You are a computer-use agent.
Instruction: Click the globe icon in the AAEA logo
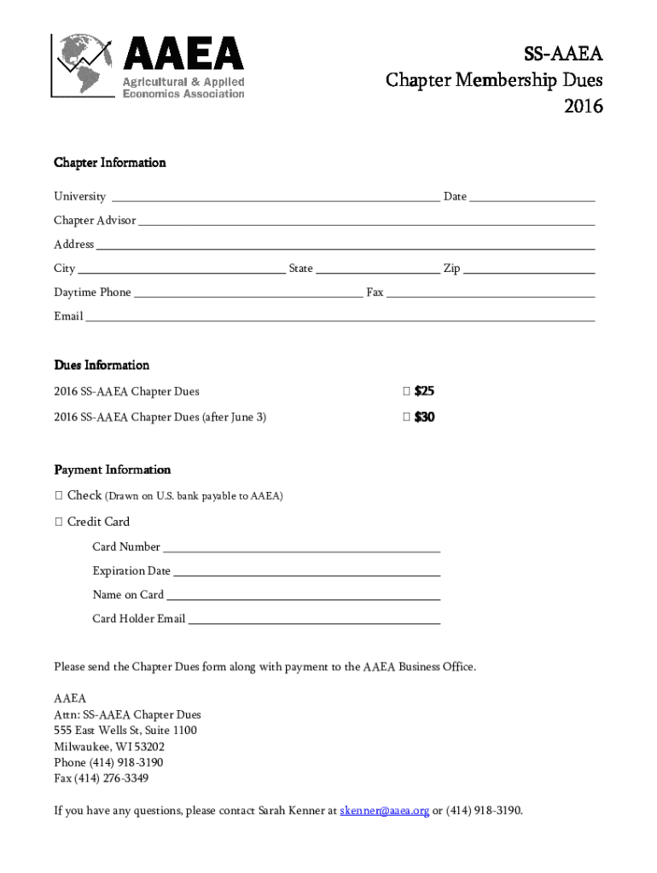(83, 65)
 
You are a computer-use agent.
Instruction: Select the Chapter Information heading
(110, 162)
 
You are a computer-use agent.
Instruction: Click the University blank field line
(274, 198)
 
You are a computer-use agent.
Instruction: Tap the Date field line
(532, 198)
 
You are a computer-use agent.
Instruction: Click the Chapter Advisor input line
(366, 222)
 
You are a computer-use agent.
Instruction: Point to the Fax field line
(491, 294)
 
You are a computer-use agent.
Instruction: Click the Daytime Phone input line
(248, 294)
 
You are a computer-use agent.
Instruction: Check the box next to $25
(406, 392)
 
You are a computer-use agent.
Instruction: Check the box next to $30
(406, 418)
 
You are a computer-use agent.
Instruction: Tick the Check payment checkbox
(58, 495)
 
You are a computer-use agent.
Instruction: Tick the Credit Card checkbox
(58, 522)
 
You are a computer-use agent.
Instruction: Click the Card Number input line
(301, 549)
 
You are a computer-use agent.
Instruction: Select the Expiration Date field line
(306, 573)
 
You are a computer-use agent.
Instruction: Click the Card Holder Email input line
(313, 622)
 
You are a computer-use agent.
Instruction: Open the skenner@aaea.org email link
(384, 810)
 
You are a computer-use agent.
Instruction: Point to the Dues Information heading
(102, 365)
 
